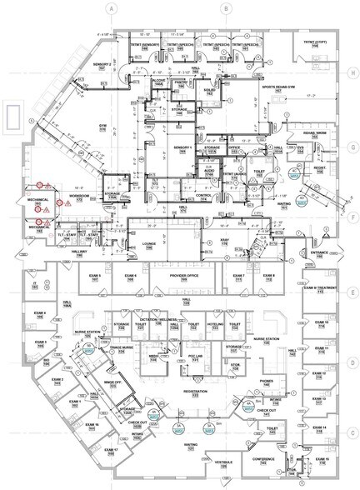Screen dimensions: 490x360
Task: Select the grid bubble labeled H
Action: coord(353,73)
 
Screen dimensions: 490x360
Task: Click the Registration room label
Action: coord(194,391)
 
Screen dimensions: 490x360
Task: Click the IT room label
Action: coord(34,285)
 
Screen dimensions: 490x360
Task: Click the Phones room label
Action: coord(267,381)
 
